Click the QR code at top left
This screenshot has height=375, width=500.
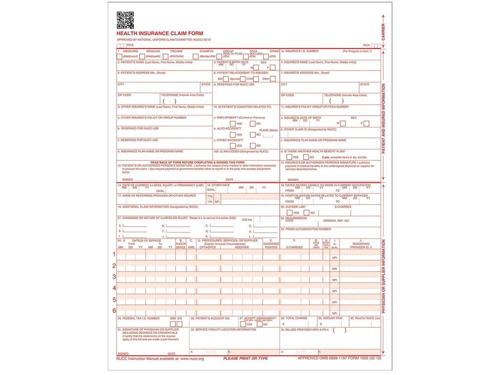click(x=125, y=20)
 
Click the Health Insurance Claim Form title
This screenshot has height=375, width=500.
click(x=160, y=34)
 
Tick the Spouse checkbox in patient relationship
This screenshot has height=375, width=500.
click(x=243, y=79)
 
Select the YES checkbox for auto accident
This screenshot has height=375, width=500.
click(x=233, y=135)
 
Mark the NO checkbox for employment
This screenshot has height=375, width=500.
click(x=253, y=124)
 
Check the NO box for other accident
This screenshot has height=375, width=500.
click(x=253, y=146)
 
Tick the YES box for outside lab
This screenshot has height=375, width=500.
click(x=290, y=213)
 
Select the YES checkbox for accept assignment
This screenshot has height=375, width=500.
click(x=243, y=324)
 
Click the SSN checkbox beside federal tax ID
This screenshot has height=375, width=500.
click(x=173, y=324)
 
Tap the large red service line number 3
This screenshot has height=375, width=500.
click(x=114, y=277)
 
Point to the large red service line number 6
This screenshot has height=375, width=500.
click(x=114, y=311)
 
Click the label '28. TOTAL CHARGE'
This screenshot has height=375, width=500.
click(x=294, y=318)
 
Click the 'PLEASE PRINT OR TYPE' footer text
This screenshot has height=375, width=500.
click(x=245, y=358)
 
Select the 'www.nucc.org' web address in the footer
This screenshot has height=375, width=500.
click(x=192, y=358)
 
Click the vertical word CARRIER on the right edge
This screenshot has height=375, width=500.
click(x=383, y=32)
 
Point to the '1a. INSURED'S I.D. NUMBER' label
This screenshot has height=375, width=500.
click(x=300, y=51)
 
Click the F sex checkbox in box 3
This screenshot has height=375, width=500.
click(x=273, y=68)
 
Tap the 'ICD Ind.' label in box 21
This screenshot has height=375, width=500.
click(x=247, y=220)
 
